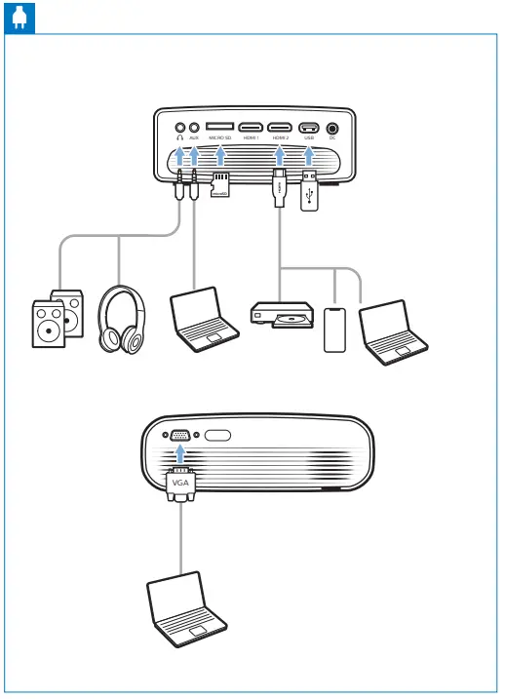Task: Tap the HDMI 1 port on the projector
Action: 251,128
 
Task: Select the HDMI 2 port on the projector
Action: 280,128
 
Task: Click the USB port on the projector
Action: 309,128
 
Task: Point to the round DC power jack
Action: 333,127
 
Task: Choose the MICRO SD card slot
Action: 220,128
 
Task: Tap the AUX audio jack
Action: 195,127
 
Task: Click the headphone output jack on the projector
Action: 179,127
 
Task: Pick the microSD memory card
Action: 220,185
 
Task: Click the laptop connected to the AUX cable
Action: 203,318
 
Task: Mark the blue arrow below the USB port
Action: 309,153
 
